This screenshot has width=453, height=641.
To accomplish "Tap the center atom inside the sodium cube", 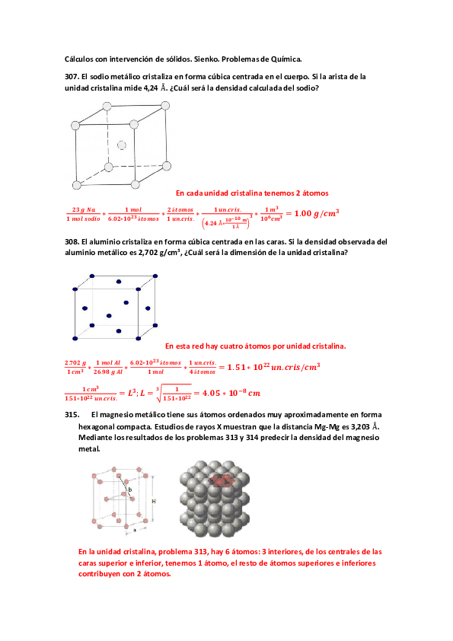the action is pyautogui.click(x=122, y=142).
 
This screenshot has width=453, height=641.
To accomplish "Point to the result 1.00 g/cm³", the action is pyautogui.click(x=316, y=213).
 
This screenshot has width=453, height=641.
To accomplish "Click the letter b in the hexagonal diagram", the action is pyautogui.click(x=129, y=490).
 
